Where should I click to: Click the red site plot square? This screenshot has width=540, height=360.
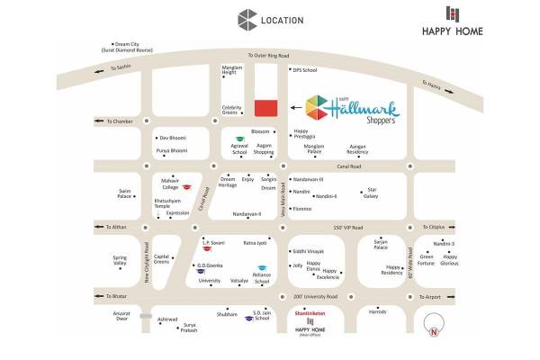(265, 108)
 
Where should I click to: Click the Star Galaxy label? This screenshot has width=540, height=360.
(370, 193)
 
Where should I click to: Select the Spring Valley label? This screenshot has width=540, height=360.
(120, 260)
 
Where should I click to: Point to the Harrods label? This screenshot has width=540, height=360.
(377, 311)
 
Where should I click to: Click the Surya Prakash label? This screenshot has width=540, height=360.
(187, 328)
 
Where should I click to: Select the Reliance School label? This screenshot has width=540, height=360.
(262, 279)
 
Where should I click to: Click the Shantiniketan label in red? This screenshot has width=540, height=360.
(308, 313)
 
